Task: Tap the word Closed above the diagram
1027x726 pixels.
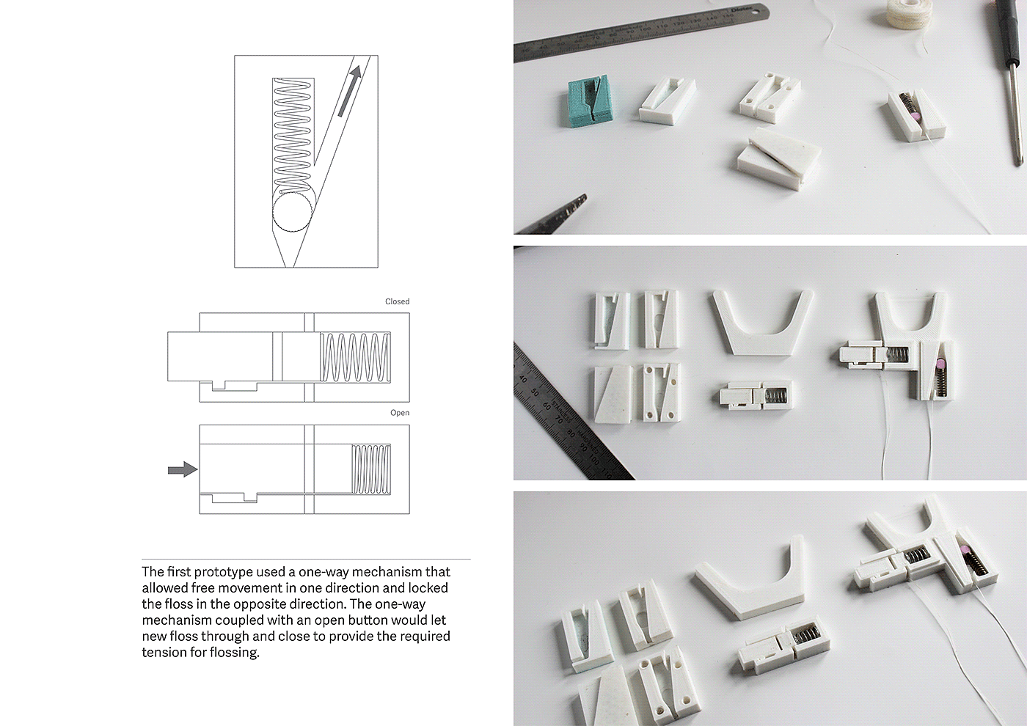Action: point(397,301)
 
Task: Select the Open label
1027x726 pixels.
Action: point(400,413)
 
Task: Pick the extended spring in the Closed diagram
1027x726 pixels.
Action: point(355,357)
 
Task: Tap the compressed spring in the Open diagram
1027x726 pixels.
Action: point(371,469)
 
